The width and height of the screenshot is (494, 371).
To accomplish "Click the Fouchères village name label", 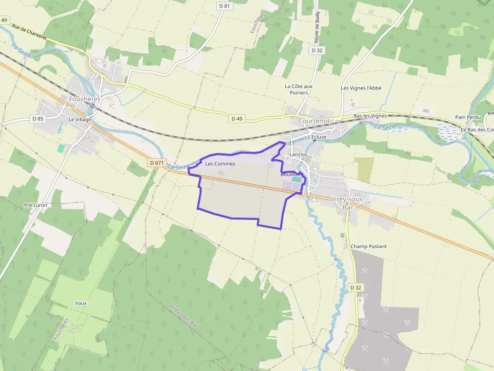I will click(x=85, y=99).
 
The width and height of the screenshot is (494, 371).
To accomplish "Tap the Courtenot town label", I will click(x=314, y=121).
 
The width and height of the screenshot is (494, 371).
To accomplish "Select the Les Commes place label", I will click(x=220, y=164).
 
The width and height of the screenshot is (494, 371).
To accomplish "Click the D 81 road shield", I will click(x=224, y=6).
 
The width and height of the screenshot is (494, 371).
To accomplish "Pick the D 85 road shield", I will click(x=37, y=119).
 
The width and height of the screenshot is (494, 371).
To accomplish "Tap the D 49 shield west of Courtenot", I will click(x=236, y=119).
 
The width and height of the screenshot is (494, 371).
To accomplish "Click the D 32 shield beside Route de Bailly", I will click(x=317, y=50).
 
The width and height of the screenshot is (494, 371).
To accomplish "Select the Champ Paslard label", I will click(x=368, y=246).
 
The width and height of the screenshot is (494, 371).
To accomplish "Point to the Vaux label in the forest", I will click(x=81, y=303).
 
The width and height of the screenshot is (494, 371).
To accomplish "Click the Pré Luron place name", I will click(x=35, y=205).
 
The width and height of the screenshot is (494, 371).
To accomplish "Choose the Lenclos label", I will click(x=298, y=155).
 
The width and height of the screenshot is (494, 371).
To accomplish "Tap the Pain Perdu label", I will click(x=468, y=117).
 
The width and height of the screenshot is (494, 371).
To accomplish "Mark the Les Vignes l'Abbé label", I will click(x=361, y=88).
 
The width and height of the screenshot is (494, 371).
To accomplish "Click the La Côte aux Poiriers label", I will click(x=298, y=89).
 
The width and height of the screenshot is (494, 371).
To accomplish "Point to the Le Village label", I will click(x=80, y=119).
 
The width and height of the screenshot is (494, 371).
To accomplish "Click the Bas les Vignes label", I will click(x=370, y=116).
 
